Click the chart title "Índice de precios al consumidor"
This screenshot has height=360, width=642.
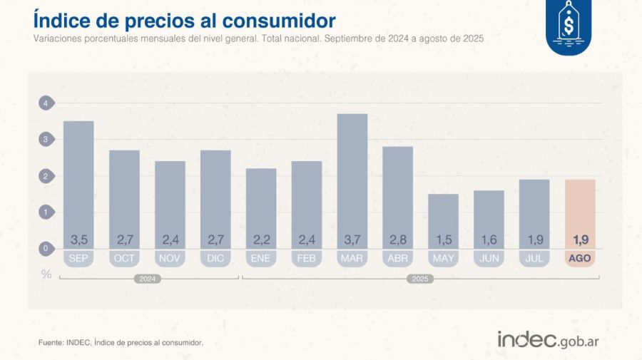pyautogui.click(x=184, y=19)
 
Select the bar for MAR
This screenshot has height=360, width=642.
pyautogui.click(x=352, y=178)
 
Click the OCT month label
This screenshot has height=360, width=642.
pyautogui.click(x=124, y=258)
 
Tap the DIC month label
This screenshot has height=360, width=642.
pyautogui.click(x=215, y=258)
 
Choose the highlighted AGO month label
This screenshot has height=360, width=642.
pyautogui.click(x=580, y=258)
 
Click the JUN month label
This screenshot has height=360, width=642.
pyautogui.click(x=489, y=258)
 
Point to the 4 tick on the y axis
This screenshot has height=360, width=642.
pyautogui.click(x=46, y=103)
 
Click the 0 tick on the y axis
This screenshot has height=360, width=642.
pyautogui.click(x=46, y=248)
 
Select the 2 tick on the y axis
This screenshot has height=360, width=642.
pyautogui.click(x=46, y=176)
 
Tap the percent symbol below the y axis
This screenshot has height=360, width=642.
pyautogui.click(x=46, y=274)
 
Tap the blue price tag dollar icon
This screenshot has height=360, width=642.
pyautogui.click(x=569, y=26)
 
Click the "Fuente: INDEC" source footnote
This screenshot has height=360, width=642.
pyautogui.click(x=121, y=343)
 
